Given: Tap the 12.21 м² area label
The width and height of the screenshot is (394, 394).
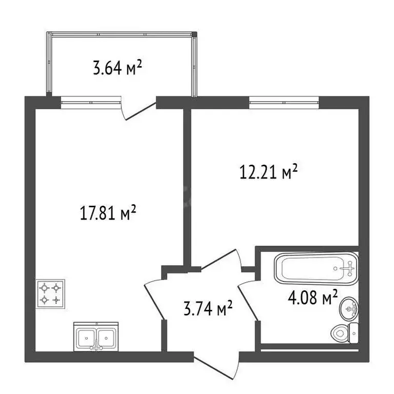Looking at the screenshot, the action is coord(269,171).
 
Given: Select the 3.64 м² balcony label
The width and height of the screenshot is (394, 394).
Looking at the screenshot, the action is coord(117,68).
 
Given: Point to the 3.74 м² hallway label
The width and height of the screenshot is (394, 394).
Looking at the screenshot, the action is coord(208,308).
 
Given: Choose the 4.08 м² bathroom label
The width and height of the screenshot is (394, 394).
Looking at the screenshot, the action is coord(312,297).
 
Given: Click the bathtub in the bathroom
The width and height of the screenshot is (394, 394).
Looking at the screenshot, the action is coord(317,269).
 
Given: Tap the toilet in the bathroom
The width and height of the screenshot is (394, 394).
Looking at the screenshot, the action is coord(345,333).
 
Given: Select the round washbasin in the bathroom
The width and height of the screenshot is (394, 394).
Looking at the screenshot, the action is coord(348,309).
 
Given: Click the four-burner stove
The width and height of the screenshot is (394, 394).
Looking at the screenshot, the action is coord(50,294).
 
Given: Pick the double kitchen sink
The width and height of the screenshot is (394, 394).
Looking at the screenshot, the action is coord(96,337).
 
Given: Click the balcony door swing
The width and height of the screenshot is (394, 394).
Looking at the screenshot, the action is coord(138,111).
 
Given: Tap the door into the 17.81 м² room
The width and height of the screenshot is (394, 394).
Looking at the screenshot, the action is coord(155,299).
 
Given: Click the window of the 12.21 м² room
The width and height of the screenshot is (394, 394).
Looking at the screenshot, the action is coord(284,103).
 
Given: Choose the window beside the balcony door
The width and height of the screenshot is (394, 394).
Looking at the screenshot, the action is coord(91,103).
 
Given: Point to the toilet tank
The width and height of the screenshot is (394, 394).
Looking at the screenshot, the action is coord(354,333).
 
